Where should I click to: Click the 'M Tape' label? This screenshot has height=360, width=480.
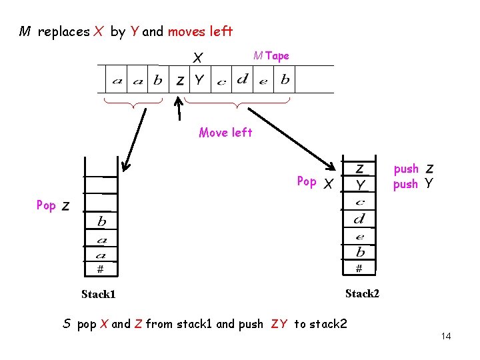pyautogui.click(x=271, y=56)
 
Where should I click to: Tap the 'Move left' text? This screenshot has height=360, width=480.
pyautogui.click(x=225, y=133)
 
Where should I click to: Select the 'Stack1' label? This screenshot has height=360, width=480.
pyautogui.click(x=98, y=294)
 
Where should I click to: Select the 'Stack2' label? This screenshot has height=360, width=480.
pyautogui.click(x=362, y=293)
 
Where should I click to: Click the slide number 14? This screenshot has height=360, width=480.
pyautogui.click(x=446, y=336)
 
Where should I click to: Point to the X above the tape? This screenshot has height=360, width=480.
pyautogui.click(x=198, y=58)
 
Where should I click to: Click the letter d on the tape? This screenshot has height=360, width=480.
pyautogui.click(x=243, y=80)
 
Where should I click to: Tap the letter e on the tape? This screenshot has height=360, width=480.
pyautogui.click(x=263, y=81)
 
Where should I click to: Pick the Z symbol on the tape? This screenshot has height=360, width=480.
pyautogui.click(x=180, y=81)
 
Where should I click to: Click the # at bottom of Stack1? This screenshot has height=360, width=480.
pyautogui.click(x=100, y=269)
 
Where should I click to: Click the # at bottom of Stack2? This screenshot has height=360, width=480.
pyautogui.click(x=359, y=268)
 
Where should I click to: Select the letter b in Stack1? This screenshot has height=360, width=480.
pyautogui.click(x=101, y=221)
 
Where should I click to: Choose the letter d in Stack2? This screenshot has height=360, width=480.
pyautogui.click(x=360, y=219)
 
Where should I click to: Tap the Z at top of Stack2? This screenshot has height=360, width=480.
pyautogui.click(x=359, y=168)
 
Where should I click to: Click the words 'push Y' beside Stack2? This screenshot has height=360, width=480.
pyautogui.click(x=413, y=184)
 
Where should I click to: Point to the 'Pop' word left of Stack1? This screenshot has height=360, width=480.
pyautogui.click(x=46, y=205)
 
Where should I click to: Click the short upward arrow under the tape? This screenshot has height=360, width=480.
pyautogui.click(x=178, y=109)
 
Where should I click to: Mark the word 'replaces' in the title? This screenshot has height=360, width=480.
pyautogui.click(x=63, y=31)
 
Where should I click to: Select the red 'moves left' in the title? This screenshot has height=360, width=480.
pyautogui.click(x=200, y=31)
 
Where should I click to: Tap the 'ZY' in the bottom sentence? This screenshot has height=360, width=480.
pyautogui.click(x=279, y=324)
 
